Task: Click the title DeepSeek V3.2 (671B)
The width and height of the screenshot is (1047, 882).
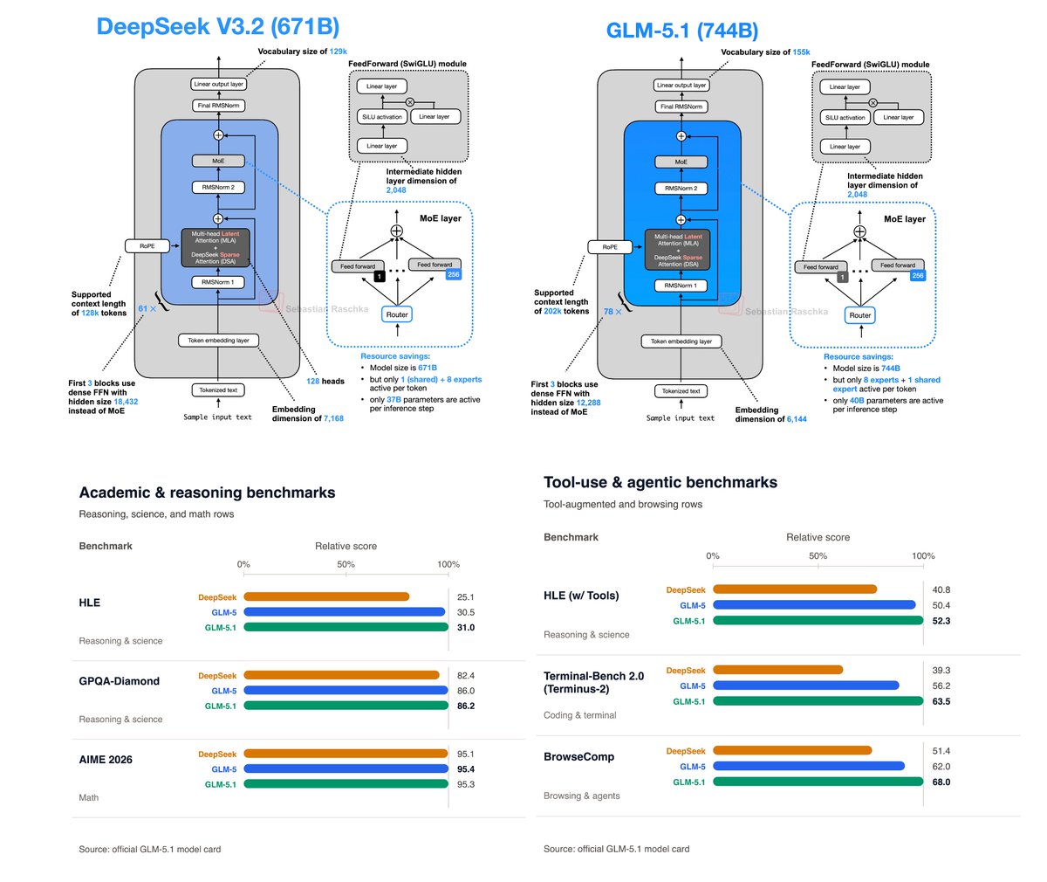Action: (x=217, y=26)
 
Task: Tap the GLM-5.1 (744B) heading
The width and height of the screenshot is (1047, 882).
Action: (x=681, y=31)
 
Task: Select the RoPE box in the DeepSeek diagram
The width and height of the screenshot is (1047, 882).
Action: (x=147, y=246)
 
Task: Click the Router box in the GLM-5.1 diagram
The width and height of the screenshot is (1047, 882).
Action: (x=860, y=315)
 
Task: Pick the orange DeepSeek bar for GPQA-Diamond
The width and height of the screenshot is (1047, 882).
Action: (x=341, y=675)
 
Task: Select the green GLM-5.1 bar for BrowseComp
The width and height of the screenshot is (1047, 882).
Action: (x=818, y=782)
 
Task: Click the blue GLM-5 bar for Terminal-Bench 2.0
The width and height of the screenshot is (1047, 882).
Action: (x=805, y=686)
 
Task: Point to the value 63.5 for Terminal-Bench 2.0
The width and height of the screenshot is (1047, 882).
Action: (x=941, y=701)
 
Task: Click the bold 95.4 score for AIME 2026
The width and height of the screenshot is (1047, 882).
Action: (x=466, y=769)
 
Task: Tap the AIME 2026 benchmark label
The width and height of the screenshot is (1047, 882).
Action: (x=106, y=760)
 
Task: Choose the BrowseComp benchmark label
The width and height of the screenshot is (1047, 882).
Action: (x=578, y=756)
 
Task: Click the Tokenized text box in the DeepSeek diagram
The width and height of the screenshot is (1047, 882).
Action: (x=218, y=390)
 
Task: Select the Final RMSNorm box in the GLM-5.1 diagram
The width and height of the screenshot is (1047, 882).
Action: (x=681, y=107)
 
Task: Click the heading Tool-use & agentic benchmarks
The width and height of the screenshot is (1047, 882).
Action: (x=660, y=482)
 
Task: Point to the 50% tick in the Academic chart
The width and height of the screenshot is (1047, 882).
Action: (x=346, y=564)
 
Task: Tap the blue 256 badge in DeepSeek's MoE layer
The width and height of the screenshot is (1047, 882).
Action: (x=453, y=274)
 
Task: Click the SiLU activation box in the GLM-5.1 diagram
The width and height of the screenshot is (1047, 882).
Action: (x=845, y=118)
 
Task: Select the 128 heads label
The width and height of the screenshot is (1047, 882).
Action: (x=325, y=381)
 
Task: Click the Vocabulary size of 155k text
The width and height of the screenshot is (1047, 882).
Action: (x=765, y=52)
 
